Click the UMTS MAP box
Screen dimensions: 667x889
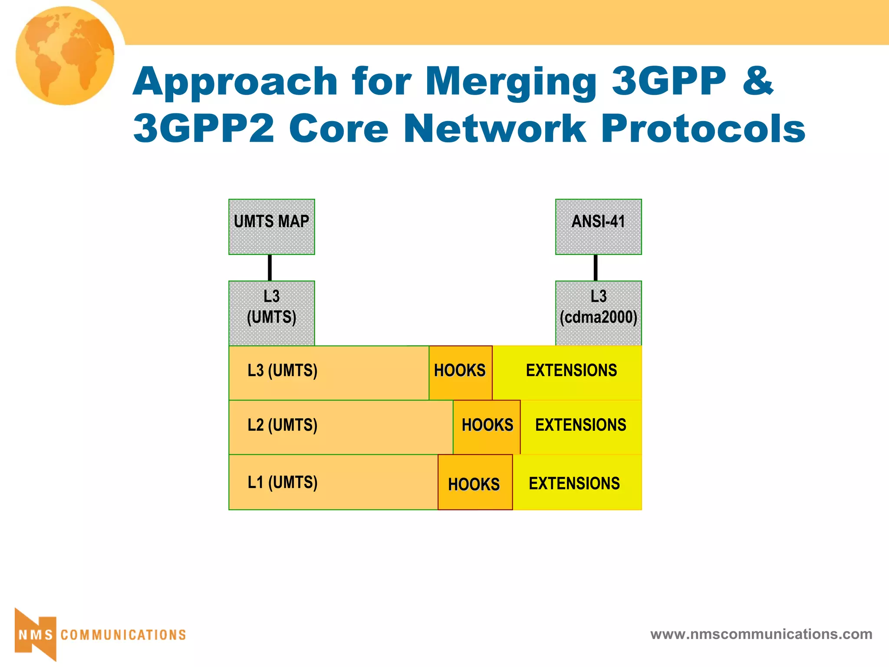pos(271,227)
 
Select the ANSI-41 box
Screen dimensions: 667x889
pos(598,227)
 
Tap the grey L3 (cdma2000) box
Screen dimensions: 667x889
pos(598,313)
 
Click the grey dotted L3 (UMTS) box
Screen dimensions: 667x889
pos(271,313)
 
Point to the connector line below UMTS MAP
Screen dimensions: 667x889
pos(270,267)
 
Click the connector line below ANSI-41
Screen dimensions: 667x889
pos(596,267)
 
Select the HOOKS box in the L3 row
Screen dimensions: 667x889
pos(460,372)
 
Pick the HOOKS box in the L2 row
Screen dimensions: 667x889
pos(487,426)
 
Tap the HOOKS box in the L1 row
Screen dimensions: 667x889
pos(474,483)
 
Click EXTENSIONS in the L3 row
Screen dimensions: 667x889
pos(571,371)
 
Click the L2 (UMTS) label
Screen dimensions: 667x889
pos(282,425)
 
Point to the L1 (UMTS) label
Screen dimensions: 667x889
pos(282,482)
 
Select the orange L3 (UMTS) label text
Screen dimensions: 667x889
pos(282,371)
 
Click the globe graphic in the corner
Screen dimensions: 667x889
pos(65,55)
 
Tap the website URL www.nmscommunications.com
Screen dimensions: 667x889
pos(761,634)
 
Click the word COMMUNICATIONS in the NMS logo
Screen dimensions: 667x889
pos(123,635)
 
